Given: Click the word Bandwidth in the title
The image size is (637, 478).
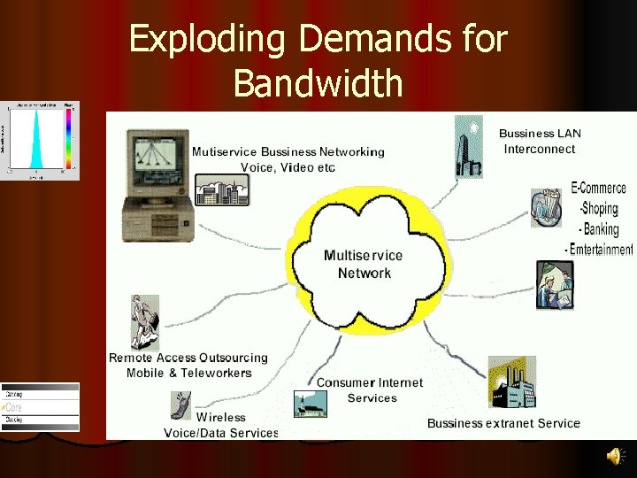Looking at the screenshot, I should pos(318,85).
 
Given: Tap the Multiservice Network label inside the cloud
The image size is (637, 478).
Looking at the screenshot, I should pos(364,264).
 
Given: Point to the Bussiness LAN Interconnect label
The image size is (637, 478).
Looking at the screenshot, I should pos(540,142).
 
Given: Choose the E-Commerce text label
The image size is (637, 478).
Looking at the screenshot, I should pos(599,189).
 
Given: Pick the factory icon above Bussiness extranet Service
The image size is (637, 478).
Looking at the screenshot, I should pos(511,384).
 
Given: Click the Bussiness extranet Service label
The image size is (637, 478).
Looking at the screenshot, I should pos(503,423).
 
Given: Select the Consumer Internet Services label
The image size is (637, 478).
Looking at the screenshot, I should pos(370,390).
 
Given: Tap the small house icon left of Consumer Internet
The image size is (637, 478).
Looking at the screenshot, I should pos(311,403).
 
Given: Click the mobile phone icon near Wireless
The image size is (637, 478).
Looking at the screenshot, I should pos(180,405).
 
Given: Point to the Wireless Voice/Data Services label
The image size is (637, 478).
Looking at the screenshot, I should pos(221,425).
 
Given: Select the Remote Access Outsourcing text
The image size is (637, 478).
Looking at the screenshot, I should pos(188,358).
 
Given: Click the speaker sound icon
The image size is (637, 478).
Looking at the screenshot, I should pos(613,456).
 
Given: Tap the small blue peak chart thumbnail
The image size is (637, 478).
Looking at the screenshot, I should pos(40,141).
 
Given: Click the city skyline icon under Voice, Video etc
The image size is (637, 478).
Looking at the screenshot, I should pos(221,191).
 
